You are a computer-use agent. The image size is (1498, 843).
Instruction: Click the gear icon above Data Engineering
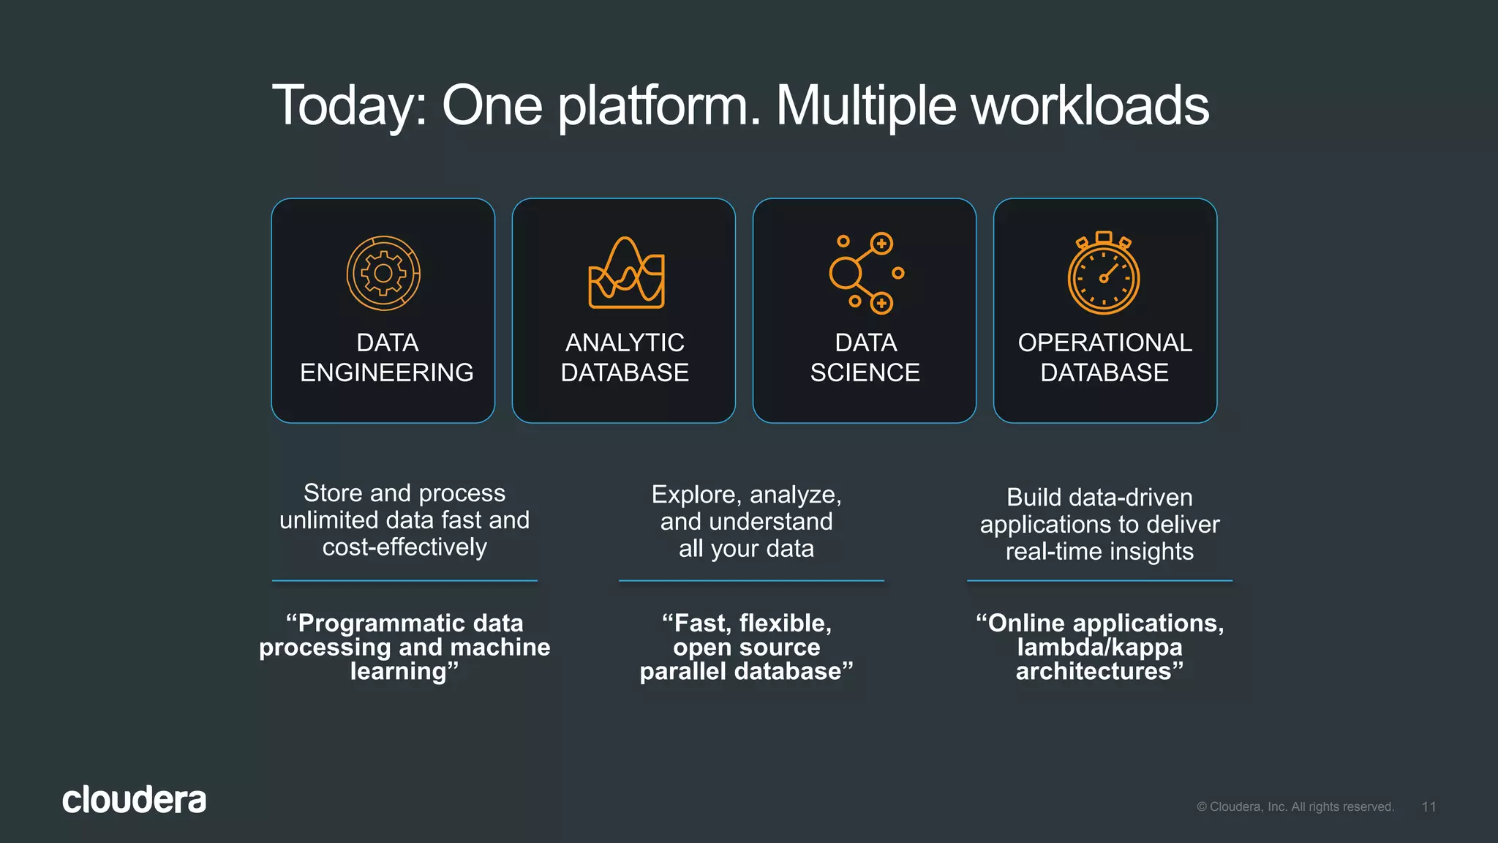(383, 274)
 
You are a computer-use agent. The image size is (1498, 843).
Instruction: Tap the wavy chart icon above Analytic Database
(626, 274)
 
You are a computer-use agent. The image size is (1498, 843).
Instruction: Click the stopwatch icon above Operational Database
(1104, 274)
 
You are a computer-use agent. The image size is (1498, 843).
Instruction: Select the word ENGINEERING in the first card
(386, 372)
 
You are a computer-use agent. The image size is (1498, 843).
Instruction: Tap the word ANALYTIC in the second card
(625, 342)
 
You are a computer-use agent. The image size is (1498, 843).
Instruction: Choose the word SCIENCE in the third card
(865, 372)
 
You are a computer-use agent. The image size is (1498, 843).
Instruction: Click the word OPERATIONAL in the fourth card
(1104, 342)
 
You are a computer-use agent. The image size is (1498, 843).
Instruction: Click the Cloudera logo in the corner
(134, 800)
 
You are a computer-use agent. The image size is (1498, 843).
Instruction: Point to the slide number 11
(1429, 806)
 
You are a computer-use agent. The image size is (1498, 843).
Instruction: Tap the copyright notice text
(1295, 806)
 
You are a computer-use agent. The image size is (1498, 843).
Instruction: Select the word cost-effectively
(404, 547)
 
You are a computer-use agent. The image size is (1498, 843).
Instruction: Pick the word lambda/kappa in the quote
(1099, 647)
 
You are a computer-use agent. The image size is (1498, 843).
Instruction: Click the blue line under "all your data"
(751, 581)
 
